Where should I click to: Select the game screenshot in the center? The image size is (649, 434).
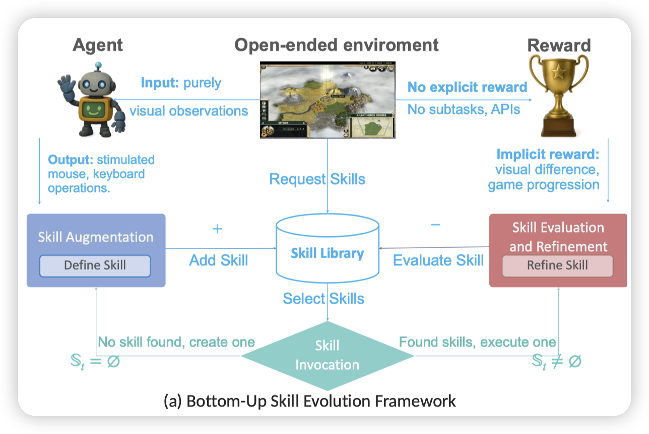pyautogui.click(x=328, y=99)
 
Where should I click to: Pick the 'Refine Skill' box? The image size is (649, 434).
pyautogui.click(x=557, y=265)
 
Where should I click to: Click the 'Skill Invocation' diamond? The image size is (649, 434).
pyautogui.click(x=328, y=355)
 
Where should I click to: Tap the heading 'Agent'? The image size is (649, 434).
pyautogui.click(x=97, y=45)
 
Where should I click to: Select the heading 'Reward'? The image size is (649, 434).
pyautogui.click(x=559, y=45)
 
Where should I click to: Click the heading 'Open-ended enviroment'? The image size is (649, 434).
pyautogui.click(x=337, y=45)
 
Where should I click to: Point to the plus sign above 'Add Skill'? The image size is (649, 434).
pyautogui.click(x=217, y=229)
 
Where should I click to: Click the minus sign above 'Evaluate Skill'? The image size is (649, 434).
pyautogui.click(x=435, y=225)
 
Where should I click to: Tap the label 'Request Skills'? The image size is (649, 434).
pyautogui.click(x=317, y=179)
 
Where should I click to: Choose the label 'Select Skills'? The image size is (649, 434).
pyautogui.click(x=323, y=298)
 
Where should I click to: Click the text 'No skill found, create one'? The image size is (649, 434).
pyautogui.click(x=176, y=342)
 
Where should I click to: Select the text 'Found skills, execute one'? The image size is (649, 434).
pyautogui.click(x=477, y=342)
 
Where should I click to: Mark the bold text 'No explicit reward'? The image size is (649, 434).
pyautogui.click(x=467, y=87)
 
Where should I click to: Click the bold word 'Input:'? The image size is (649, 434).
pyautogui.click(x=159, y=83)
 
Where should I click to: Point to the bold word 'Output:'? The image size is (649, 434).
pyautogui.click(x=71, y=160)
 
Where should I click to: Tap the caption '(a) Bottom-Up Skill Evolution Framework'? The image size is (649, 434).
pyautogui.click(x=310, y=401)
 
